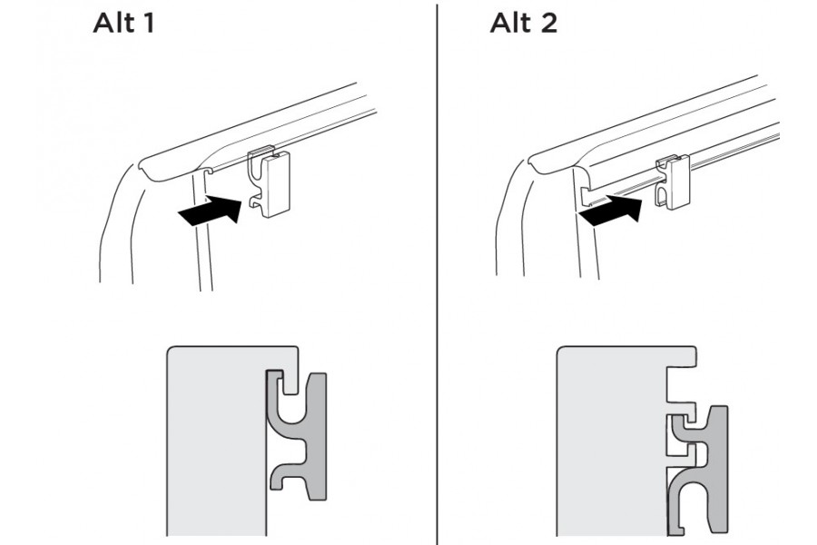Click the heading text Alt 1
click(123, 23)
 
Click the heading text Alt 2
click(523, 23)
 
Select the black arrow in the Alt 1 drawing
click(211, 213)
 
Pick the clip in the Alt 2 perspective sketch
click(675, 183)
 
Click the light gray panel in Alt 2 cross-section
click(608, 445)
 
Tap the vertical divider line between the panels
click(437, 272)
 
